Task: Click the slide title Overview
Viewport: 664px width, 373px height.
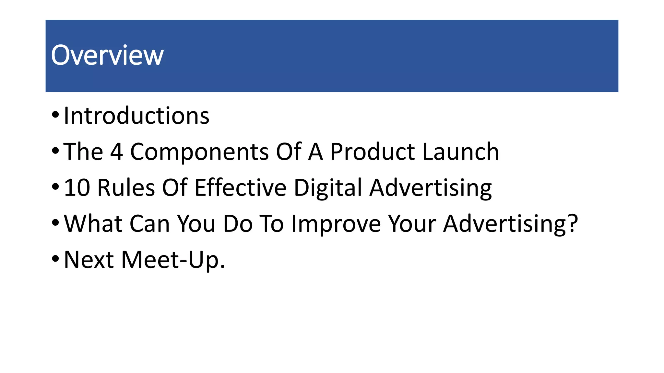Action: pyautogui.click(x=107, y=55)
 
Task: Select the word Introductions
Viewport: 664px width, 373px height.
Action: pyautogui.click(x=136, y=116)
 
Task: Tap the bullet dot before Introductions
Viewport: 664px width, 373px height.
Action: pyautogui.click(x=55, y=115)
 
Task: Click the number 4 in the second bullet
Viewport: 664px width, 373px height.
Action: pyautogui.click(x=117, y=152)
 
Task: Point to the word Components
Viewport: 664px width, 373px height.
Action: pyautogui.click(x=199, y=152)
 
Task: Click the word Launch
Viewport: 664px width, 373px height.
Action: pyautogui.click(x=461, y=152)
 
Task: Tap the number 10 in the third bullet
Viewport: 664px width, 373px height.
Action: pyautogui.click(x=77, y=187)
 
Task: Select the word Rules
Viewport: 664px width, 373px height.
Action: pyautogui.click(x=126, y=187)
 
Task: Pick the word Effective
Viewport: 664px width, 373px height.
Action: pyautogui.click(x=241, y=187)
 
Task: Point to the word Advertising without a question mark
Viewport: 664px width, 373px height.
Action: pyautogui.click(x=431, y=187)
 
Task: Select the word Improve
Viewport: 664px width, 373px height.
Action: pyautogui.click(x=336, y=223)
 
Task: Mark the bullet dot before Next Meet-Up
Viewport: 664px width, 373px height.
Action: pyautogui.click(x=55, y=258)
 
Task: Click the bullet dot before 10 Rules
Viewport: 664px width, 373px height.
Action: pyautogui.click(x=55, y=186)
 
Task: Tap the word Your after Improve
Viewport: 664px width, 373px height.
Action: pyautogui.click(x=412, y=223)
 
